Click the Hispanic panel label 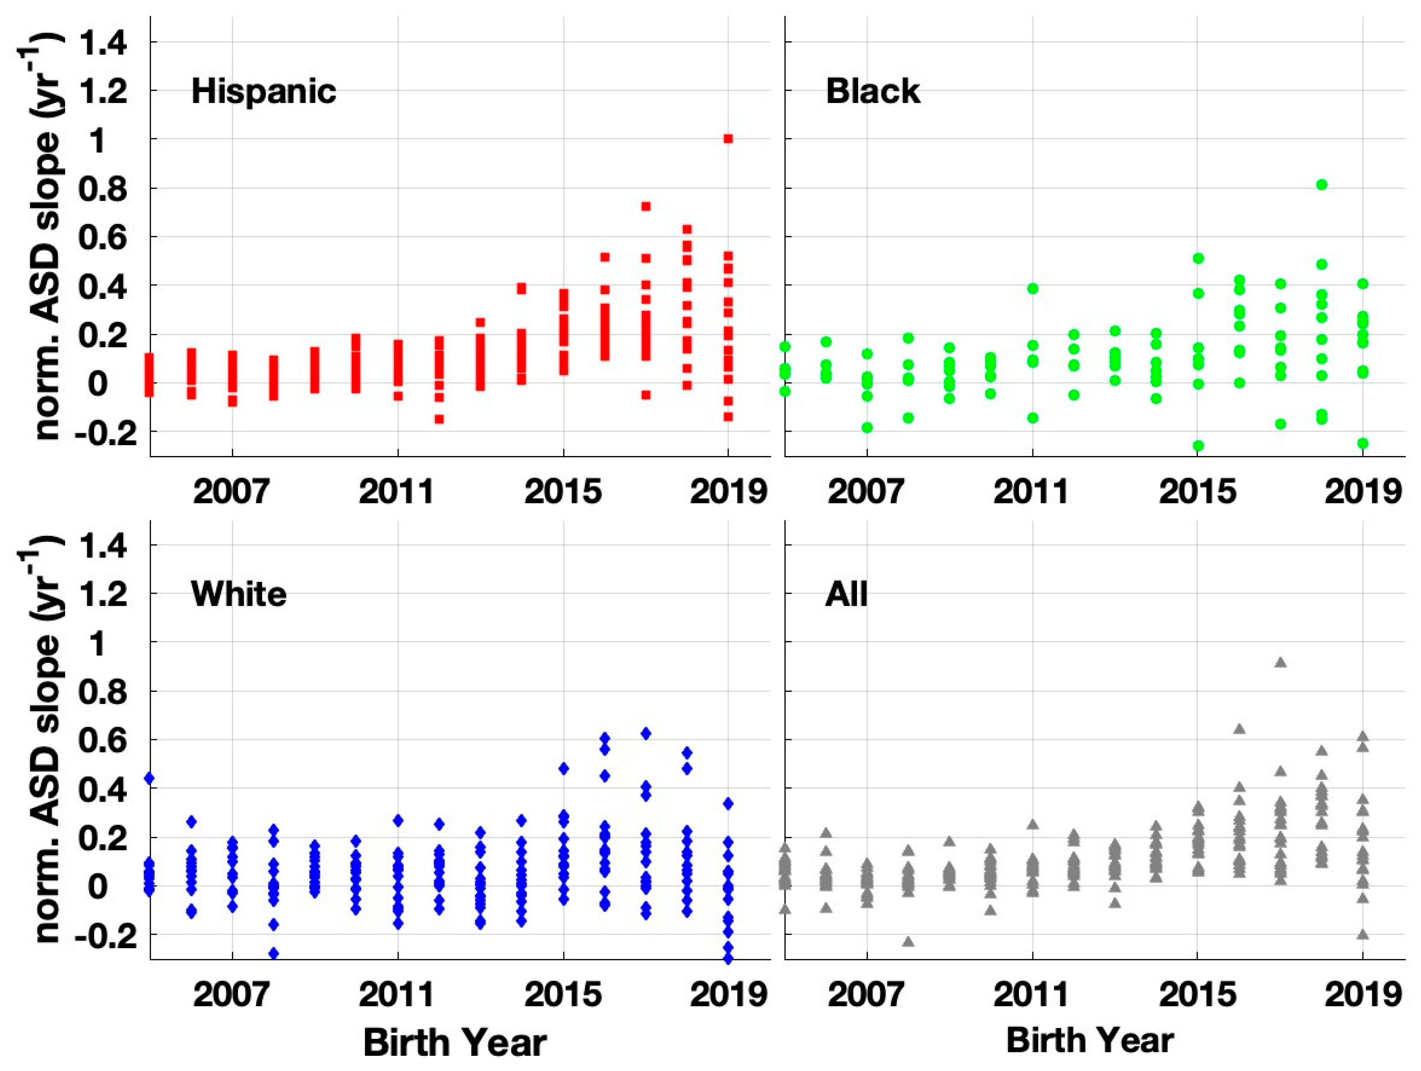point(264,91)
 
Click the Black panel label point(872,91)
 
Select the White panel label point(238,594)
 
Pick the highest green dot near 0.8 point(1322,185)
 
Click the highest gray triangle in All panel point(1280,662)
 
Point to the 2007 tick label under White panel point(231,995)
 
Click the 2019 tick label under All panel point(1362,995)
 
